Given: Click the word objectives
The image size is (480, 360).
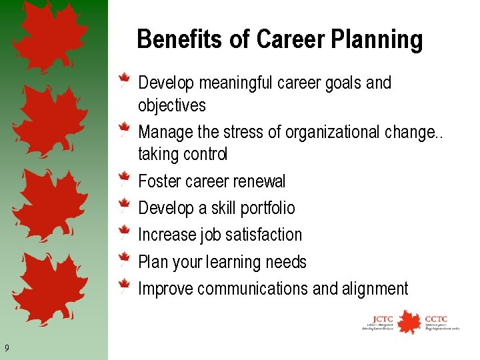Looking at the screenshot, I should coord(171,105).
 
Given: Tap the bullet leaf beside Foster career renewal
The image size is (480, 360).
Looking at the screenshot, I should coord(123,179).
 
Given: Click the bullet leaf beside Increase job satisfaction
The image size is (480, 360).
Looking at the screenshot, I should coord(123,233).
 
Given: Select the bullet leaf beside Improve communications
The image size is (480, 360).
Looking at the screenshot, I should coord(123,287).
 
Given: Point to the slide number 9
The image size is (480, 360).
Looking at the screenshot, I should coord(6,347).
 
